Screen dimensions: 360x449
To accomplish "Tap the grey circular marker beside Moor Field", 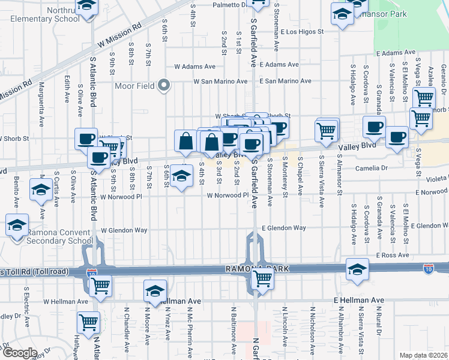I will [163, 86].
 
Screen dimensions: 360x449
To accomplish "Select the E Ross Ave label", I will [393, 255].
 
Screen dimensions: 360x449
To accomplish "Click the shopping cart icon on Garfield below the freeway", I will [262, 278].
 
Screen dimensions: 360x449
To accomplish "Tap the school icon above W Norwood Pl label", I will [179, 176].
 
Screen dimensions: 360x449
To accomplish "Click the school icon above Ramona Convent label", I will [17, 225].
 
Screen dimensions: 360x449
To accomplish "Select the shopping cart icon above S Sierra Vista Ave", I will [326, 130].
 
